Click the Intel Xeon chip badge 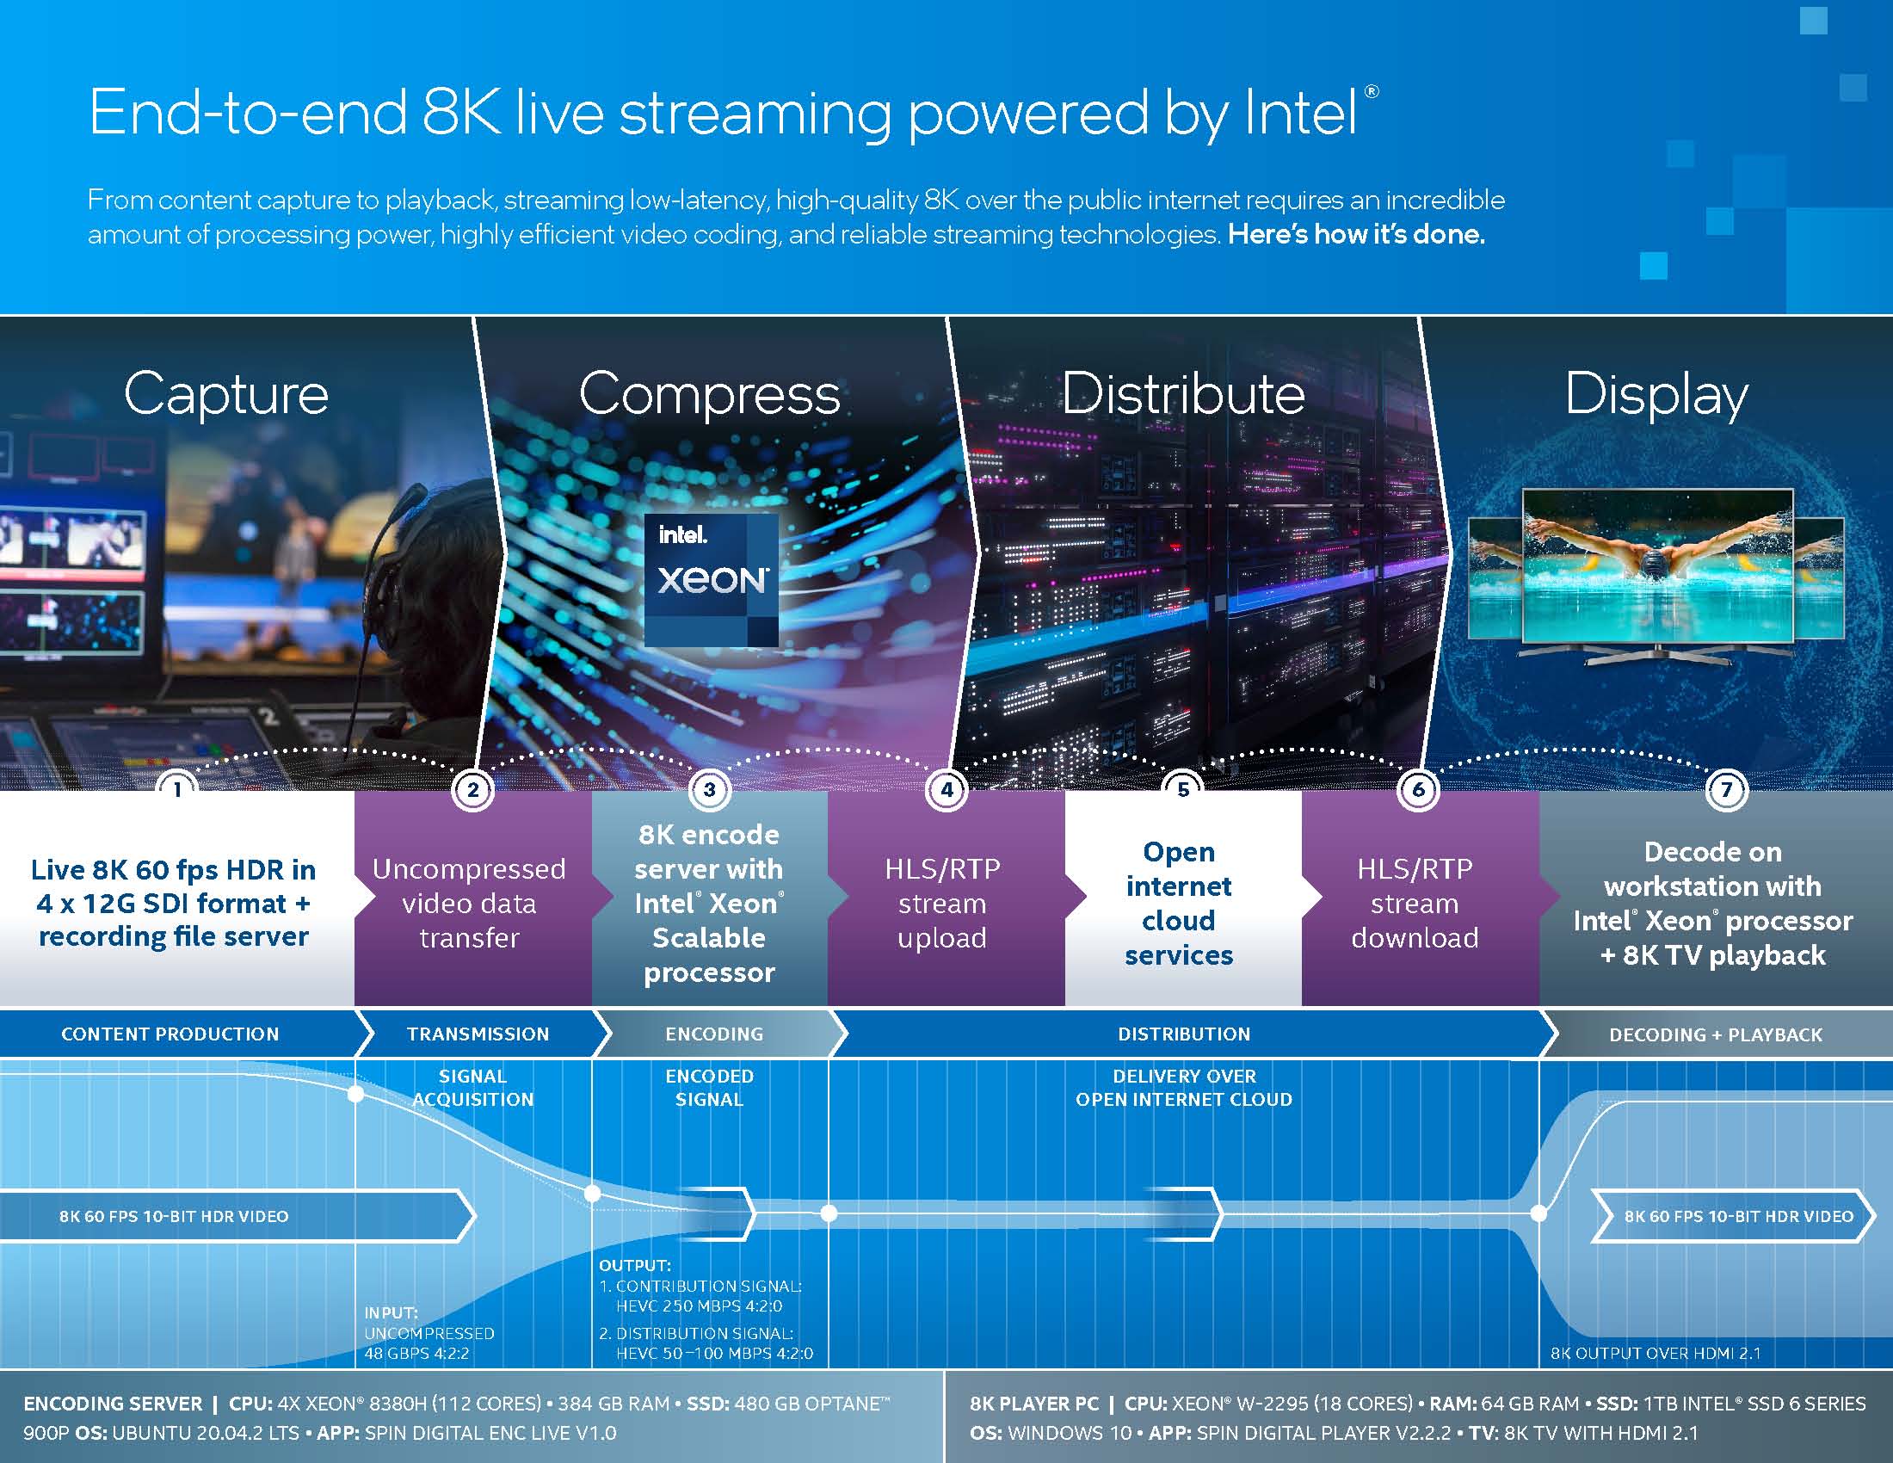(711, 579)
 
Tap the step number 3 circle (709, 789)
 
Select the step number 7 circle (1726, 789)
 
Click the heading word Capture (226, 394)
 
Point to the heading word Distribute (1183, 394)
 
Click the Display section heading (1656, 394)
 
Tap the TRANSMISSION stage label (478, 1034)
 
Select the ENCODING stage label (714, 1034)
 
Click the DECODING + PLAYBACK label (1715, 1034)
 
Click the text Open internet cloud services (1179, 903)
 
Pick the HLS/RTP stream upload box (942, 903)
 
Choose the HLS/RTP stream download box (1415, 903)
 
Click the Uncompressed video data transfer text (469, 903)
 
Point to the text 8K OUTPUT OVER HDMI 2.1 (1655, 1353)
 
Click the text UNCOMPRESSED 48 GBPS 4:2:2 (429, 1343)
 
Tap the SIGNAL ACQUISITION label (472, 1088)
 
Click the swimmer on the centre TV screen (1656, 555)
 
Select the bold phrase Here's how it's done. (1355, 234)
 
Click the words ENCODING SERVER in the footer (113, 1404)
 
